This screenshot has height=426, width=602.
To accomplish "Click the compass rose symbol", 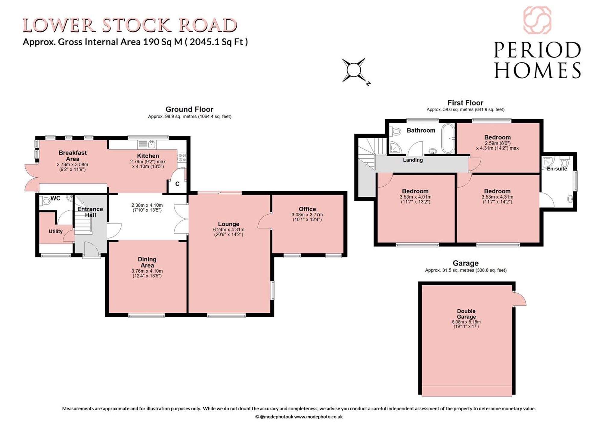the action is click(354, 70).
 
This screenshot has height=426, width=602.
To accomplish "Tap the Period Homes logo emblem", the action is click(537, 20).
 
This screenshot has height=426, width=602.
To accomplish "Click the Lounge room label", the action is click(228, 224).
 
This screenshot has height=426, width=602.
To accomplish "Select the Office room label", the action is click(307, 209).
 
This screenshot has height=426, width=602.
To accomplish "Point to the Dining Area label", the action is click(147, 262).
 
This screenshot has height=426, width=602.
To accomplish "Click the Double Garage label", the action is click(466, 314).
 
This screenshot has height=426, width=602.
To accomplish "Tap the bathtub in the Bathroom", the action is click(448, 139).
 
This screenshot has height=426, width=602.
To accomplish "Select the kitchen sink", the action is click(147, 145).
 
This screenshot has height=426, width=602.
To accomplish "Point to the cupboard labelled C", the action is click(177, 184).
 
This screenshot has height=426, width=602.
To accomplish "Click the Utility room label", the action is click(56, 231).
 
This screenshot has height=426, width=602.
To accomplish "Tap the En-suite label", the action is click(557, 169).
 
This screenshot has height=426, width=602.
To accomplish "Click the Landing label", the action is click(413, 160).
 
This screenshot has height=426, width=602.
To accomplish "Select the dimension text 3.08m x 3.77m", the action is click(307, 215).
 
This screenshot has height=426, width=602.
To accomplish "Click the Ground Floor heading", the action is click(189, 109).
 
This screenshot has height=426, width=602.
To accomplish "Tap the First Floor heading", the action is click(465, 103).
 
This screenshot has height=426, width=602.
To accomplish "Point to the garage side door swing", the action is click(520, 299).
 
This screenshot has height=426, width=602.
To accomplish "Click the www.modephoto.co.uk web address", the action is click(318, 417).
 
